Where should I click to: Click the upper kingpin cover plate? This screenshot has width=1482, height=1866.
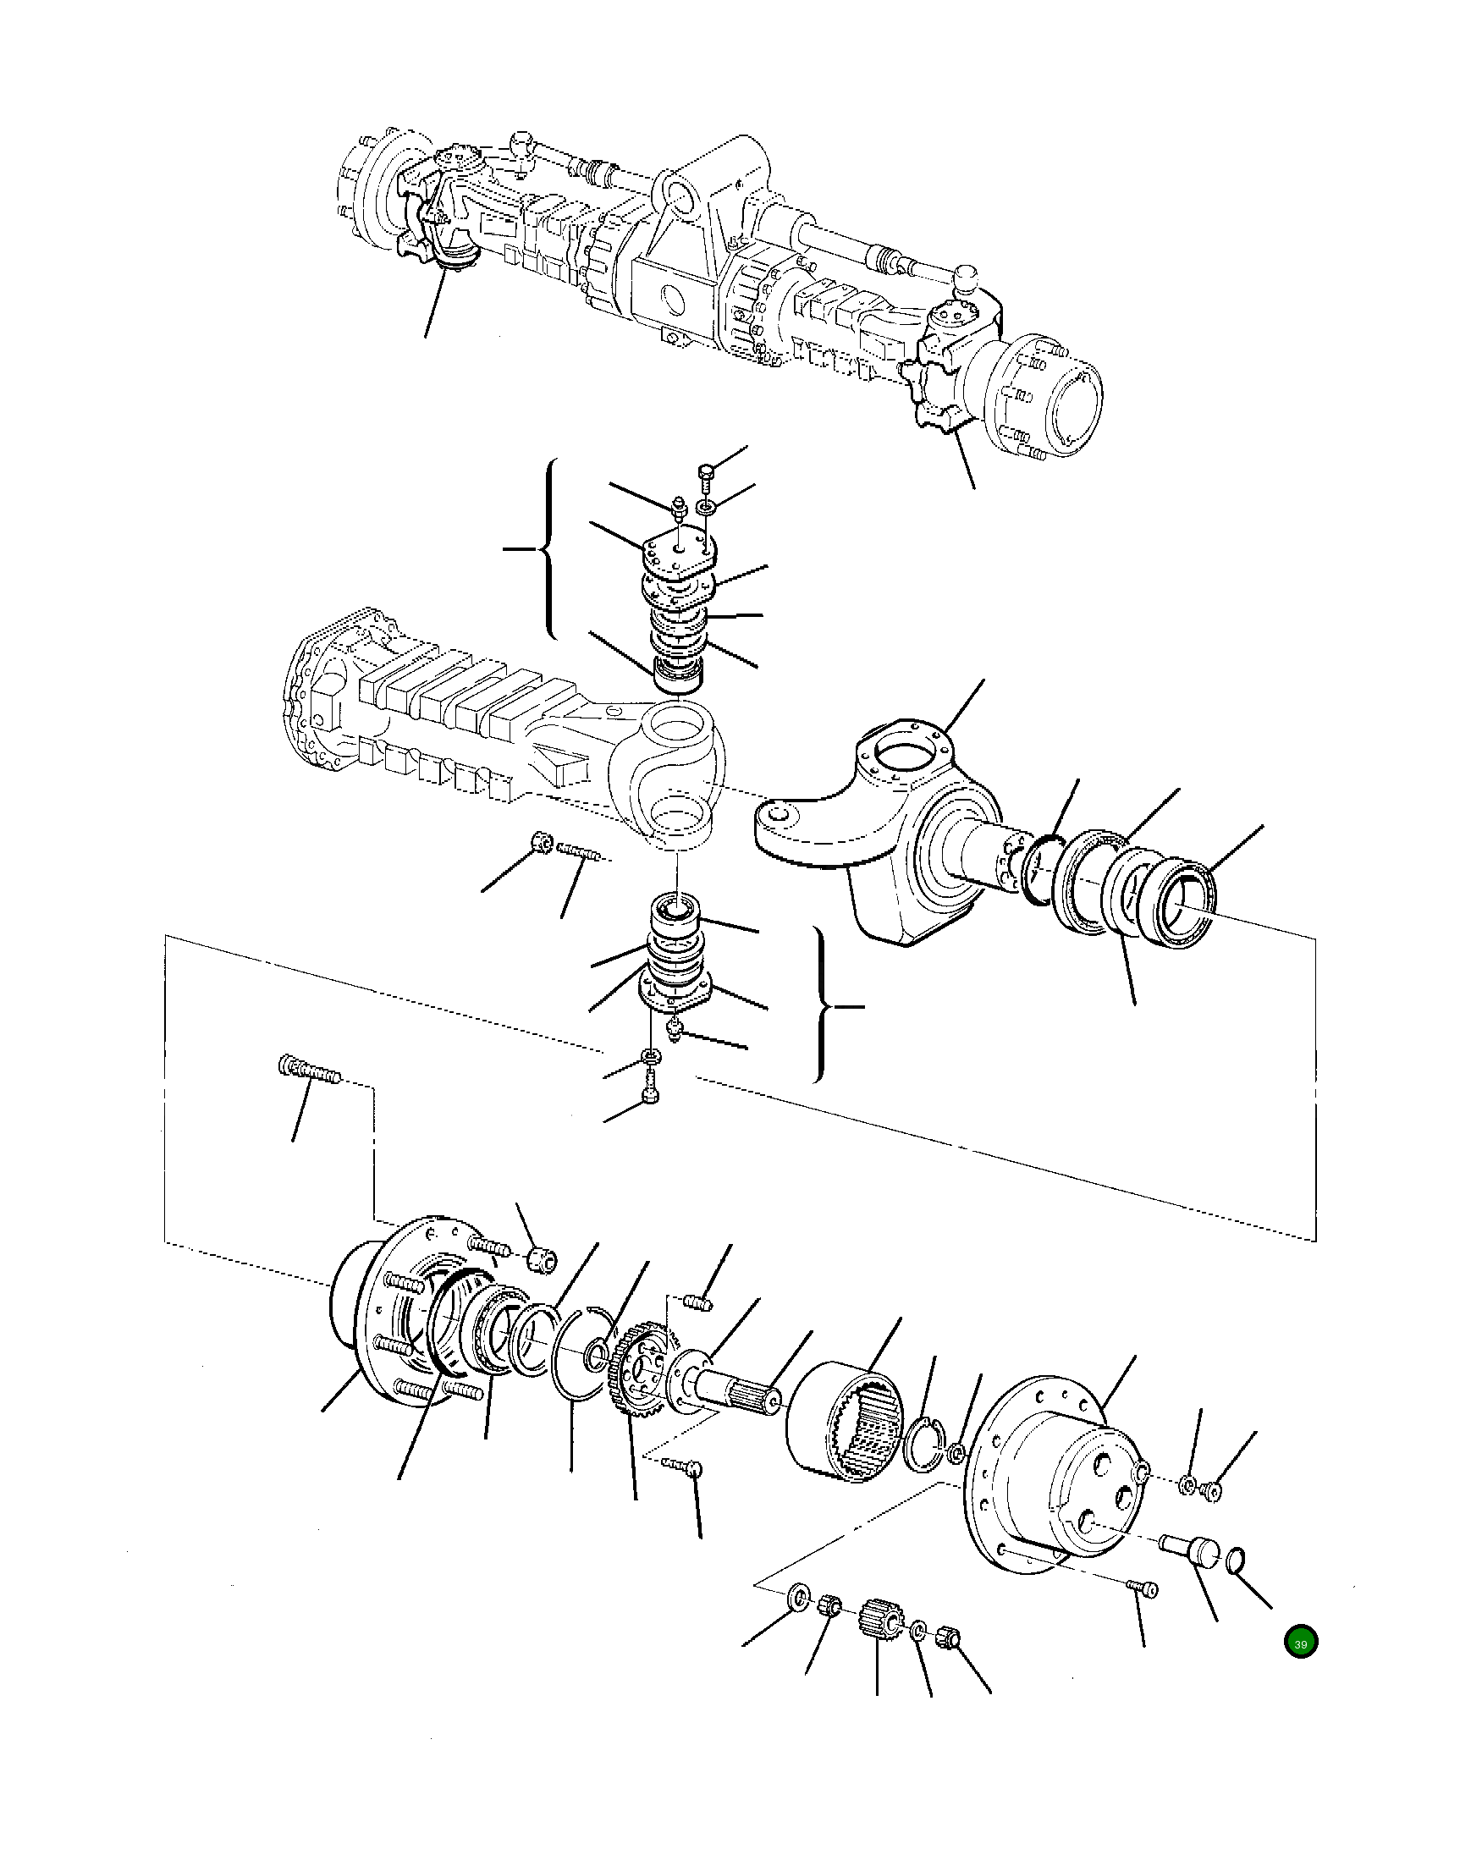(679, 550)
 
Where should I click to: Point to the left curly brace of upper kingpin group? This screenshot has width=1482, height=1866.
(545, 548)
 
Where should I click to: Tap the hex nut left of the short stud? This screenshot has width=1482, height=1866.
(540, 841)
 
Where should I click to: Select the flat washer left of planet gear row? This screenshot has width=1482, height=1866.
(797, 1595)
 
